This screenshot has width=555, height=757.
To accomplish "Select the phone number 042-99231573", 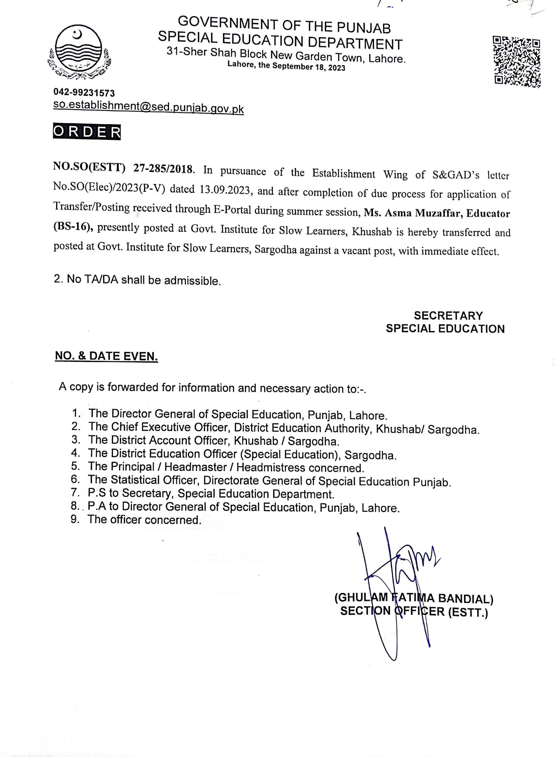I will click(x=84, y=93).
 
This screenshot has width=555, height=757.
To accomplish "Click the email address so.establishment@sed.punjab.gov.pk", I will click(x=148, y=107).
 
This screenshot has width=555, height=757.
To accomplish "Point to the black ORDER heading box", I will click(x=87, y=132).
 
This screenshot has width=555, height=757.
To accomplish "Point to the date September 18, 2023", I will click(x=308, y=66).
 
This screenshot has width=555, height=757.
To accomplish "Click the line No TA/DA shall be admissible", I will click(x=137, y=280).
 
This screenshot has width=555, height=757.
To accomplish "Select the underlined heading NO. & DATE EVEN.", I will click(x=107, y=356).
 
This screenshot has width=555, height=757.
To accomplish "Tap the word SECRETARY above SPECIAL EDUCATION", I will click(x=448, y=315).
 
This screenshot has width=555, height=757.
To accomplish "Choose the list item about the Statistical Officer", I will click(x=269, y=480).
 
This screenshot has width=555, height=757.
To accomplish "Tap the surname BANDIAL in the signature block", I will click(x=465, y=599).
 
